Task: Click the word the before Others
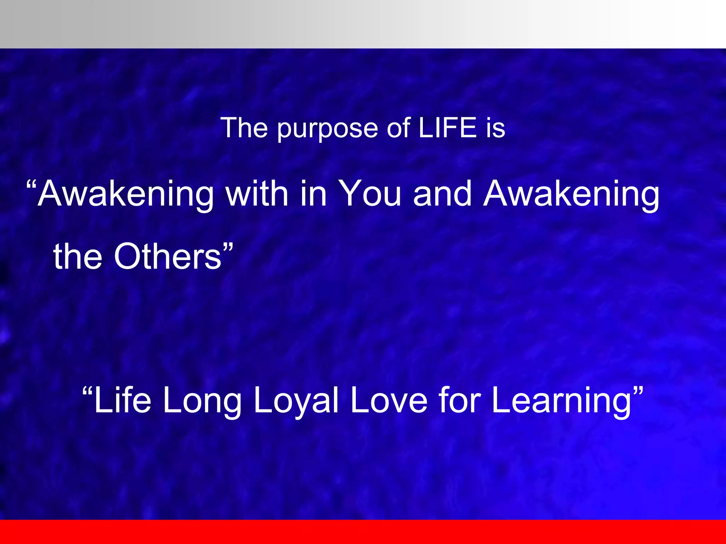[x=78, y=257]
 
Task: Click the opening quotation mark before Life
[x=87, y=391]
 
